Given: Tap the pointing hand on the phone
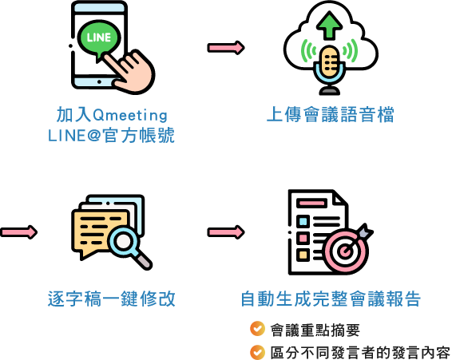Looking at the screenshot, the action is point(130,73).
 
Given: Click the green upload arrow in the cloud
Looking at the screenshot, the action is point(330,25).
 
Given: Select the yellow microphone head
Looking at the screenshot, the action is point(330,61).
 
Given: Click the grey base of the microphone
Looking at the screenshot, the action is point(330,91).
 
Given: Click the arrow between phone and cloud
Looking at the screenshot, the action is point(226,48).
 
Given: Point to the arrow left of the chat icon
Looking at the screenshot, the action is point(18,232).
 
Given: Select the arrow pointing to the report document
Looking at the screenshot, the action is point(226,232).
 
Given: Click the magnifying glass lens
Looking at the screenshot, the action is point(123,241).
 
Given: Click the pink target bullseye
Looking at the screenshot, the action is point(345,251).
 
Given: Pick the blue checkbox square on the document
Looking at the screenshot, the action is point(303,222).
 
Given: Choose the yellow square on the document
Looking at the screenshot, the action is point(303,255).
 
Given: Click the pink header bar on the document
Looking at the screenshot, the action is point(312,203).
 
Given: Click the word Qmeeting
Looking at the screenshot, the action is point(130,115).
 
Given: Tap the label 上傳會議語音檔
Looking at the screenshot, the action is point(331,114).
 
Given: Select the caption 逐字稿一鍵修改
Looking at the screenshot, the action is point(112,299).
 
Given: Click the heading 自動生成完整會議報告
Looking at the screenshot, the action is point(331,299).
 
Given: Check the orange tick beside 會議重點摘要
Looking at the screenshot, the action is point(257,329).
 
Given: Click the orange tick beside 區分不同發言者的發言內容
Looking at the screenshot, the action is point(257,352).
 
